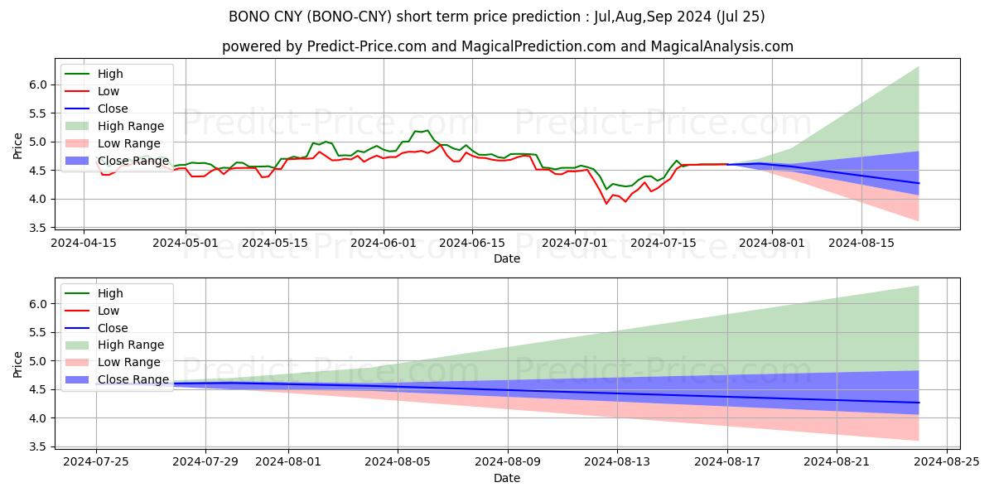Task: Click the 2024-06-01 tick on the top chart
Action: [384, 242]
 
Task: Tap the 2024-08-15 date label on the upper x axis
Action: [861, 242]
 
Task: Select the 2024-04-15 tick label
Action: [83, 242]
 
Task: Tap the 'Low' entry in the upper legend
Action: [109, 91]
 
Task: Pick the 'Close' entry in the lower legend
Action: [113, 328]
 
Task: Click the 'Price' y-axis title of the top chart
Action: [18, 146]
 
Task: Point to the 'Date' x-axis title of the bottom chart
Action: [507, 478]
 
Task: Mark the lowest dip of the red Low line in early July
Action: [606, 203]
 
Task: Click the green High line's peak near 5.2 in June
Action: [427, 130]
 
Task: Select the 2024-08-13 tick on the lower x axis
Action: [617, 461]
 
